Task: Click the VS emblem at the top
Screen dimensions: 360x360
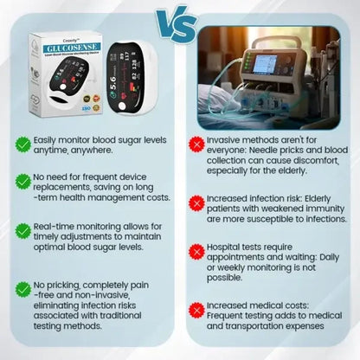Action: point(179,20)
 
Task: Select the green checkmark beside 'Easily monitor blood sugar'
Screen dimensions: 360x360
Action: point(23,144)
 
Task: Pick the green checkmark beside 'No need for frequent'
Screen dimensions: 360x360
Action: point(23,181)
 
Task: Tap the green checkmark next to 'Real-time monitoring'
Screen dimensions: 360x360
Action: point(23,231)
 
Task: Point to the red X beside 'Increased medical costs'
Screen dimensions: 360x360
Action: point(197,309)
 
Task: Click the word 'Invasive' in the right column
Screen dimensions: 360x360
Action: point(229,138)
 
